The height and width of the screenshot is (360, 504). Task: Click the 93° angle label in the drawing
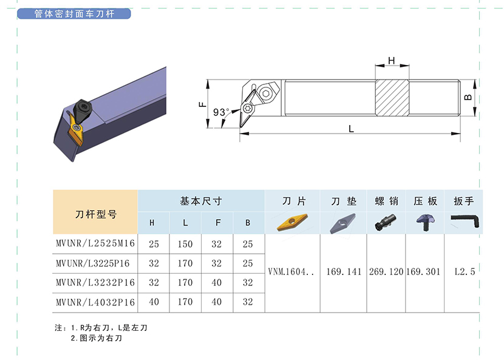pos(221,112)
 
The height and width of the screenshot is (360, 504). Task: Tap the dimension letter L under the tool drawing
pos(351,129)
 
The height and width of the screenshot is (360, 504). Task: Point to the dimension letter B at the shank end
pos(468,97)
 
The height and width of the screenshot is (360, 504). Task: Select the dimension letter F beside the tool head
pos(202,104)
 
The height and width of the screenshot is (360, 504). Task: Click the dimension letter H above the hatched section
pos(391,61)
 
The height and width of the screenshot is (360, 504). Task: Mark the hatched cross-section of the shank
pos(392,98)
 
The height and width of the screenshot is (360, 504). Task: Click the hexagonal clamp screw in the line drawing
pos(267,93)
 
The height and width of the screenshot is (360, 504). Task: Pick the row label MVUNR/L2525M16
pos(95,243)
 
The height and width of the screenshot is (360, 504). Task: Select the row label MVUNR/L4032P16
pos(95,302)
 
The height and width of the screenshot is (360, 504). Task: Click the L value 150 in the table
pos(185,244)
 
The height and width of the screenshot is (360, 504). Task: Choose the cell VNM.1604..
pos(291,272)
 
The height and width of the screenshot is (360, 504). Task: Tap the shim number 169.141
pos(344,272)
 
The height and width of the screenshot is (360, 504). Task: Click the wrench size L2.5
pos(465,272)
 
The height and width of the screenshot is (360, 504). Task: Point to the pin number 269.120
pos(386,272)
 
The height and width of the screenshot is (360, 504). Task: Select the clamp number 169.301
pos(423,272)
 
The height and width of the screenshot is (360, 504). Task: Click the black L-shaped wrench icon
pos(465,221)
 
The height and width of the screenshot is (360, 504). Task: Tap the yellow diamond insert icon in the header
pos(292,222)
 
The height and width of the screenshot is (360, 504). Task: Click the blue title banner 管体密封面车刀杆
pos(74,14)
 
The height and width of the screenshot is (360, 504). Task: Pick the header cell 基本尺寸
pos(201,201)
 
